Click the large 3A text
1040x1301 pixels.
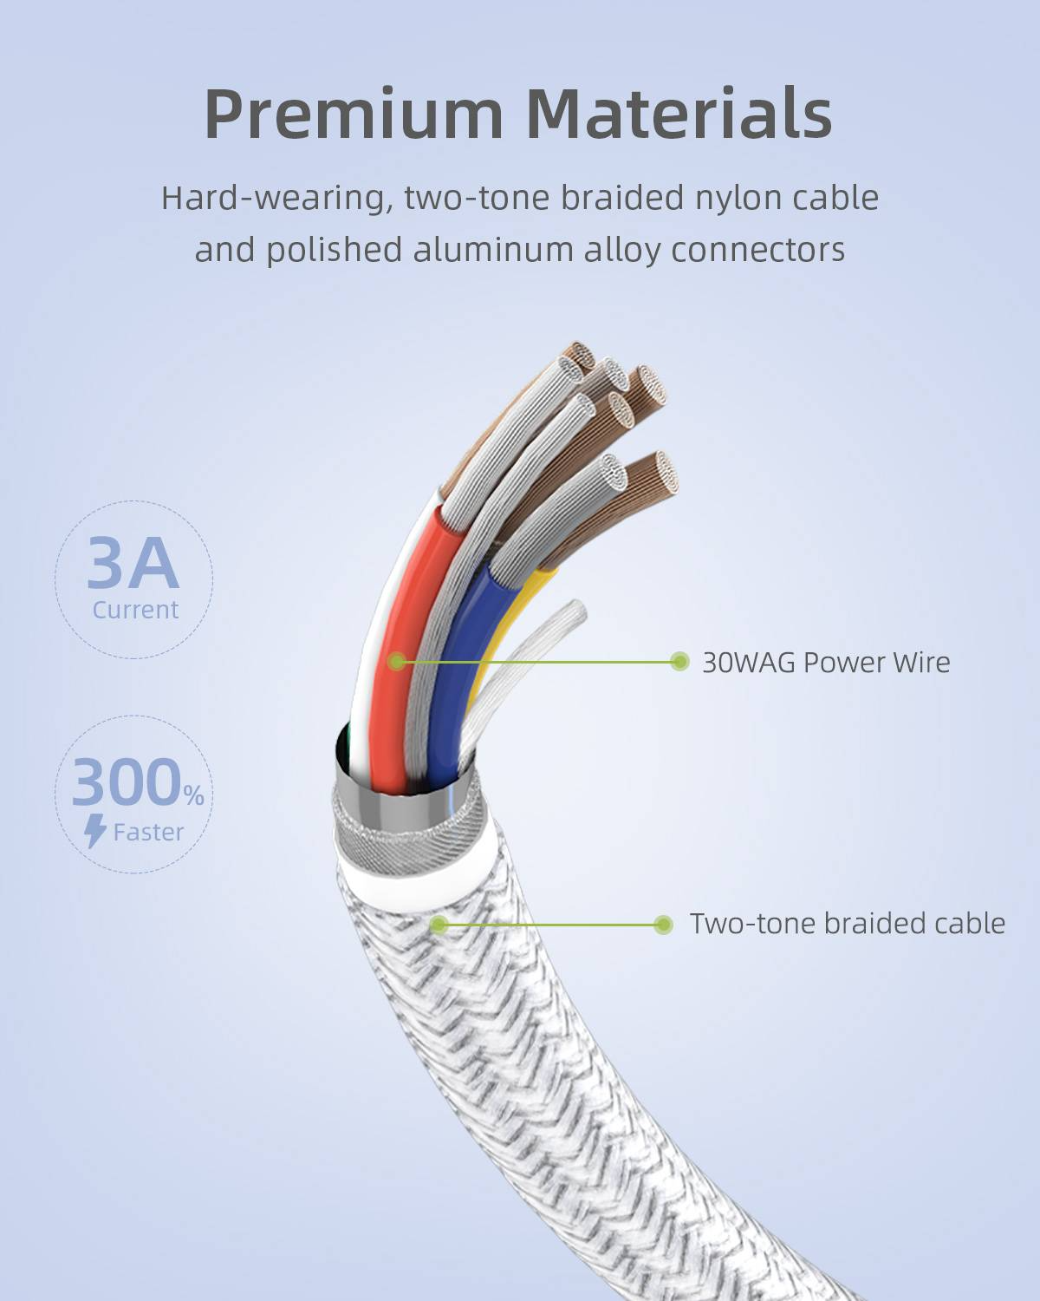point(133,564)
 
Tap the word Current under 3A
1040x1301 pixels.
point(135,610)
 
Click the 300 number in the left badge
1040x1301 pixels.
point(127,782)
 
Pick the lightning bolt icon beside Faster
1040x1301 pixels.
point(95,831)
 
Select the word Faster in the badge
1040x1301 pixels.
point(148,833)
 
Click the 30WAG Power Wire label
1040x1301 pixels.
point(825,663)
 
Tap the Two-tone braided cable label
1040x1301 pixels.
point(847,924)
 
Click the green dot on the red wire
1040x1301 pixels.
point(396,662)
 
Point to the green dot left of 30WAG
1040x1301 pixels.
point(679,662)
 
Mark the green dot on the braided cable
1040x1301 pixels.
point(439,925)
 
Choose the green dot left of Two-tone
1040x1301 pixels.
point(664,925)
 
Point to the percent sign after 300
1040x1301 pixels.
point(193,794)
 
